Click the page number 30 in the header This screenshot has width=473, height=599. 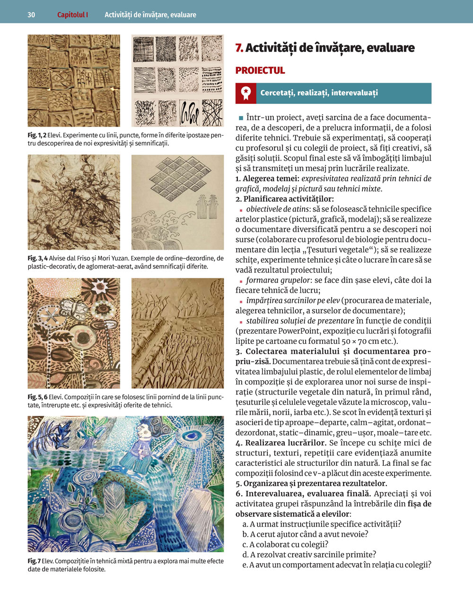pos(31,15)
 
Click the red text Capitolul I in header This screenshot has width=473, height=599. pos(72,15)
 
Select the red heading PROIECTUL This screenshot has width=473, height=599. pos(260,70)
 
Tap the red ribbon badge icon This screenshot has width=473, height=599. pos(246,93)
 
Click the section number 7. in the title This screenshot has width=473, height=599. pos(239,48)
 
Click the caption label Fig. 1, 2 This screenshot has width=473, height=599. pos(37,136)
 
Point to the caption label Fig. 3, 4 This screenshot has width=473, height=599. pos(37,258)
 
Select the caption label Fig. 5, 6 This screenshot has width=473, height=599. pos(37,397)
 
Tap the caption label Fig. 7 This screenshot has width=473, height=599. pos(34,561)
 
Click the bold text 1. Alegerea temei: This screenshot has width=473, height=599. pos(267,179)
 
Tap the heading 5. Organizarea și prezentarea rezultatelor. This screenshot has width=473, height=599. pos(311,483)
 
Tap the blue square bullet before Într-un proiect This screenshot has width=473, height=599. pos(241,118)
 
